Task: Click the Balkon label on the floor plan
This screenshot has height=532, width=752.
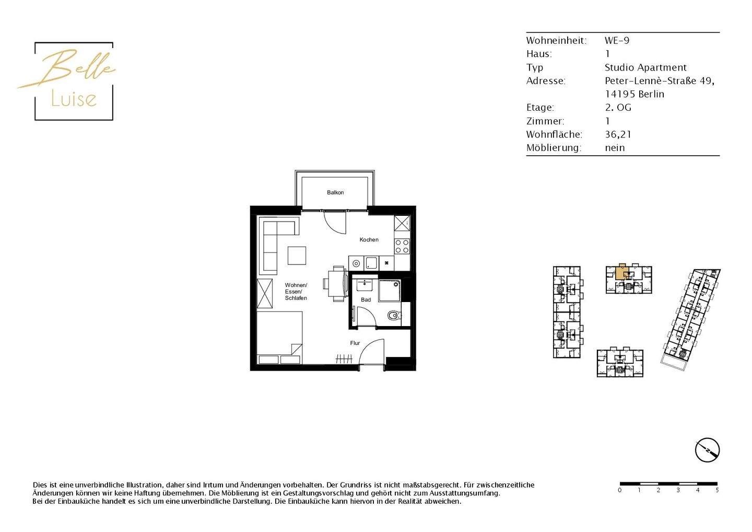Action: (x=335, y=193)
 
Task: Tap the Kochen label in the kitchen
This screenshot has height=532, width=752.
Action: (x=369, y=240)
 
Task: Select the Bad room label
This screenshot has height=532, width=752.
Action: (x=366, y=300)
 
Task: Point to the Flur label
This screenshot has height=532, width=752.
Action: (x=355, y=343)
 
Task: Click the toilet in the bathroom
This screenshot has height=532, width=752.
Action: (x=394, y=316)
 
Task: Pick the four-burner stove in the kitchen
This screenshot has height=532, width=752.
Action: (x=402, y=246)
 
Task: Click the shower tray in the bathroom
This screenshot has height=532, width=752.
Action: (x=389, y=291)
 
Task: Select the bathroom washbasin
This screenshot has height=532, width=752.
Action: (x=364, y=285)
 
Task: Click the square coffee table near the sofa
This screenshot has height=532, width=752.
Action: (x=297, y=256)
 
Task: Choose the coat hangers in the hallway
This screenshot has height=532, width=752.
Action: (x=344, y=359)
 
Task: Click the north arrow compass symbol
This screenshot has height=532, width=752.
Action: (x=707, y=450)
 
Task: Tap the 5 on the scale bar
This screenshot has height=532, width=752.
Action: (x=717, y=490)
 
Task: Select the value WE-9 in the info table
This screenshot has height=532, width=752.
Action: (x=617, y=41)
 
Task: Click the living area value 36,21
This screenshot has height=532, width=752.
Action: (x=618, y=134)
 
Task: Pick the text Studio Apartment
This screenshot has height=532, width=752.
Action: (x=645, y=67)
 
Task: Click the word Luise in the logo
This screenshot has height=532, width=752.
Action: (x=74, y=99)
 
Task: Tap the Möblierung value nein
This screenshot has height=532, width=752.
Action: (x=615, y=148)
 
